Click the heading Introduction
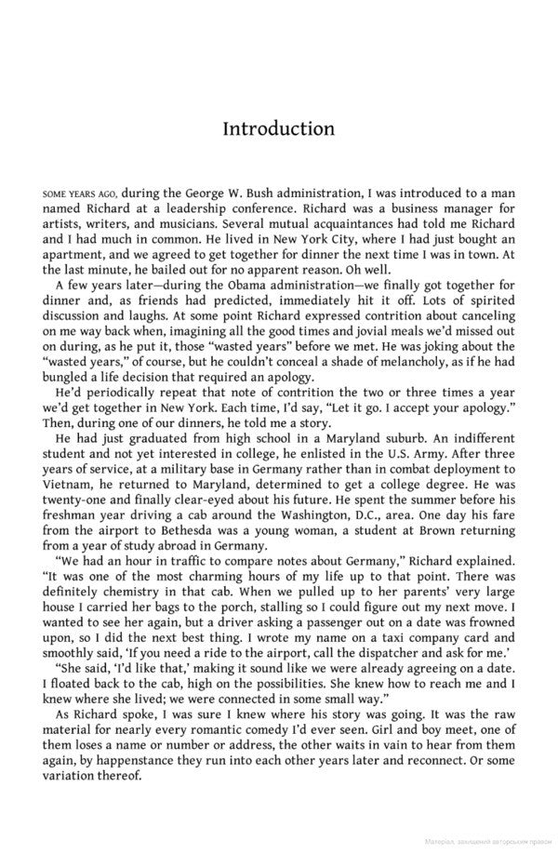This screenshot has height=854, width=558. (x=278, y=128)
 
